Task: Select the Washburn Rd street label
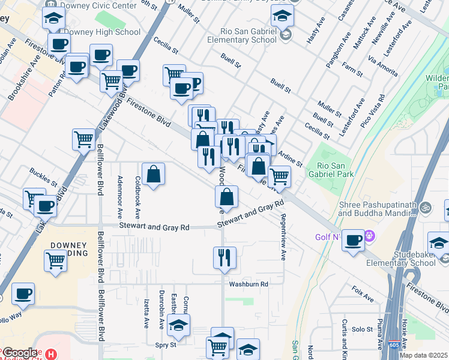(x=248, y=284)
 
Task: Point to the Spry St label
(x=166, y=345)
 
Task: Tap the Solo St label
(x=363, y=329)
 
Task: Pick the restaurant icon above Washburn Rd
(x=224, y=257)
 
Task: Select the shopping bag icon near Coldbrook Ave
(x=154, y=174)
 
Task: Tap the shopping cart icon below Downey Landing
(x=55, y=261)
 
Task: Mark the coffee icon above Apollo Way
(x=23, y=293)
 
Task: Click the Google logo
(x=20, y=353)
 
